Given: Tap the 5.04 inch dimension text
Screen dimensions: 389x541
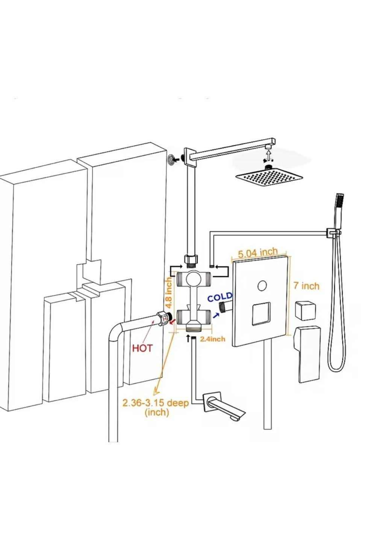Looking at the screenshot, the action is pyautogui.click(x=258, y=253).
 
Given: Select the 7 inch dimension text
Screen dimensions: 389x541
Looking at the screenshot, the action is pyautogui.click(x=306, y=286).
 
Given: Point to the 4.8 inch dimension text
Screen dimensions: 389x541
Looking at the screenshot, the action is pyautogui.click(x=169, y=292).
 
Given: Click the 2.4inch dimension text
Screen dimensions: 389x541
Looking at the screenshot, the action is pyautogui.click(x=212, y=339).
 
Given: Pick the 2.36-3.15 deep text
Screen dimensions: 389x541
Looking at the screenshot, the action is pyautogui.click(x=156, y=403).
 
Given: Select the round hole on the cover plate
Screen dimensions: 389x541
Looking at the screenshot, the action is pyautogui.click(x=262, y=286).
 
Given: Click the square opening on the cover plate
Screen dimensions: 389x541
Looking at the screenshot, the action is pyautogui.click(x=261, y=314).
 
